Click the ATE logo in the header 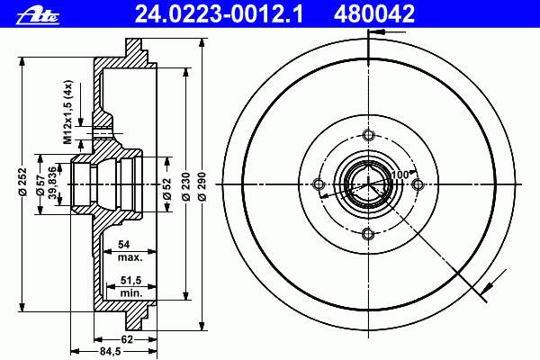tap(38, 15)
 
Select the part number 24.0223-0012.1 tap(219, 14)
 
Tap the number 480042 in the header tap(374, 14)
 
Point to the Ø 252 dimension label tap(22, 182)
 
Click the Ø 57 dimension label tap(41, 184)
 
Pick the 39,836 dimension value tap(52, 183)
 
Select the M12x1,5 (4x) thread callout tap(67, 112)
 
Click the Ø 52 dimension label tap(167, 189)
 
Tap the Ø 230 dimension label tap(186, 186)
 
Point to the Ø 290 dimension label tap(202, 186)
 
